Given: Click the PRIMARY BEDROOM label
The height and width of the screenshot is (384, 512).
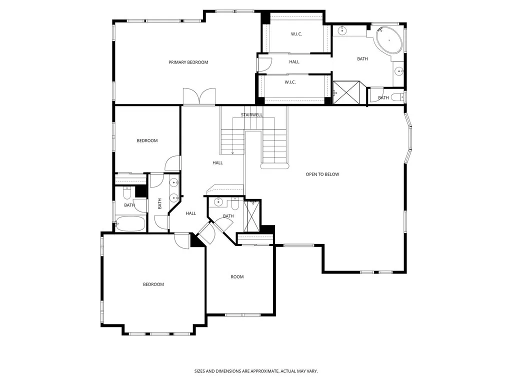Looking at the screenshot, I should click(188, 62).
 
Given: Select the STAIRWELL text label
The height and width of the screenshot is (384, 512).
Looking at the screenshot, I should click(251, 114).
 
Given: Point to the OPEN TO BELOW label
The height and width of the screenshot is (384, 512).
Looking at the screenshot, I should click(322, 174).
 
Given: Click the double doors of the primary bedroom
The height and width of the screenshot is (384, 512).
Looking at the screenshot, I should click(199, 96).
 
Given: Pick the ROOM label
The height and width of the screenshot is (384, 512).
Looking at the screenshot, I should click(237, 277).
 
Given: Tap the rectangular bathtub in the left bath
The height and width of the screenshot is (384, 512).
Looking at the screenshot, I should click(130, 223).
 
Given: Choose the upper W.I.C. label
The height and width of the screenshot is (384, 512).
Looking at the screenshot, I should click(296, 34).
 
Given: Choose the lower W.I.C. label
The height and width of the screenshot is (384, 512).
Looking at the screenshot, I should click(290, 82).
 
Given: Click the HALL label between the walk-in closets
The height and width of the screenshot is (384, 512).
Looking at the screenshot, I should click(294, 62).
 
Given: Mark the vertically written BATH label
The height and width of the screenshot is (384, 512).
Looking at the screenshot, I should click(160, 204).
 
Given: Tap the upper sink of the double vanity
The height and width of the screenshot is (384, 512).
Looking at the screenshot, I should click(173, 182).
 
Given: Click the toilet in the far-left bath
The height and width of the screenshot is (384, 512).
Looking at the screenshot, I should click(127, 192).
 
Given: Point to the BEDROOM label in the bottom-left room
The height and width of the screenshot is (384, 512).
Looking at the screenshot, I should click(153, 284).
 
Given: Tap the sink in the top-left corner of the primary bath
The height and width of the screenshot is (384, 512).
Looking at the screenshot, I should click(342, 31).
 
